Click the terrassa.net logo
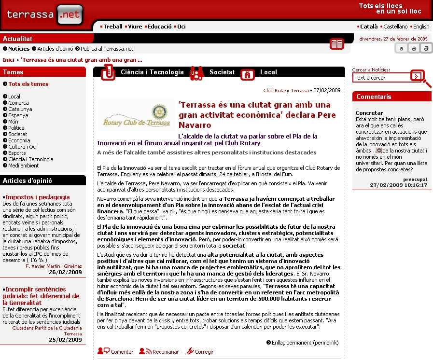click(x=44, y=14)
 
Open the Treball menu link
click(x=113, y=27)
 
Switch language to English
click(x=421, y=27)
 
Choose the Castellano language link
click(x=395, y=27)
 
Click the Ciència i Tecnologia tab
click(x=152, y=72)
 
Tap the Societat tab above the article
click(x=222, y=72)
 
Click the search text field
click(x=381, y=78)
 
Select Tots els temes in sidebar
click(x=28, y=84)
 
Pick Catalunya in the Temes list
click(x=20, y=109)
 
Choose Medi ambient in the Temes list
click(x=23, y=166)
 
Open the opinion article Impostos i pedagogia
click(x=38, y=197)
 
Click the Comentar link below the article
click(x=122, y=352)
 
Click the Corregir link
click(x=204, y=352)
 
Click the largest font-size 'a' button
click(x=426, y=48)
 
